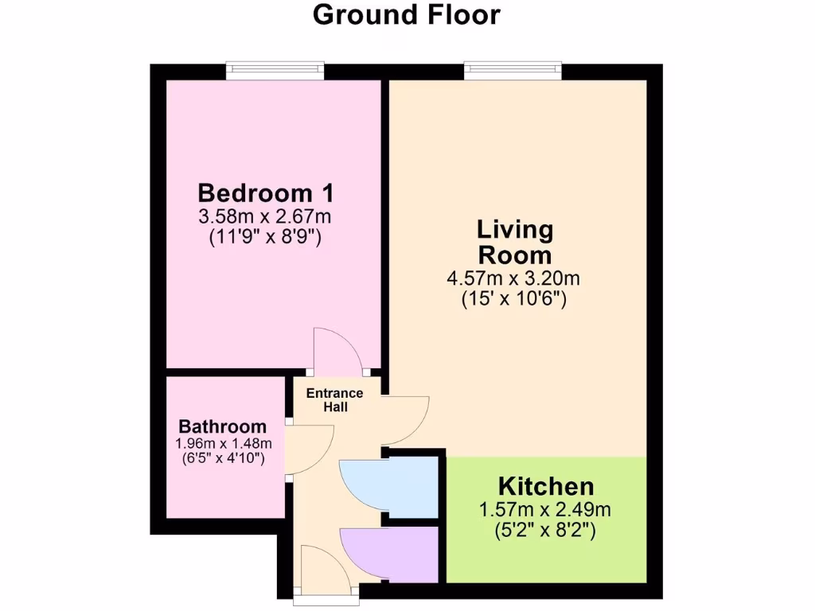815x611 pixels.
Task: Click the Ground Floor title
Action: coord(407,15)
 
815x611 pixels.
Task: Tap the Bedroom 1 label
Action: coord(266,193)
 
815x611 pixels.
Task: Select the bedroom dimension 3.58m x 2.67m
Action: coord(266,216)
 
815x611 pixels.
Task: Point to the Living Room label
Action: coord(514,242)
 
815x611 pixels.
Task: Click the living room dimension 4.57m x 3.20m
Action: coord(514,279)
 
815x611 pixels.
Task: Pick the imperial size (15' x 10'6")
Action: coord(514,300)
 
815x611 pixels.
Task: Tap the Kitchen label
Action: coord(546,486)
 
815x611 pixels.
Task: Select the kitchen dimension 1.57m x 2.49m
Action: coord(546,509)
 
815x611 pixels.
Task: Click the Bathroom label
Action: coord(222,426)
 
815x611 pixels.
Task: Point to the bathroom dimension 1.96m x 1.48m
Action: coord(222,444)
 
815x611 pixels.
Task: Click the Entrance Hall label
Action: coord(335,399)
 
